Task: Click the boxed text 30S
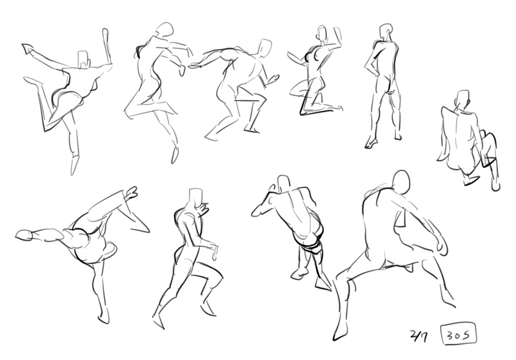[459, 335]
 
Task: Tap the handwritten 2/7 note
[419, 336]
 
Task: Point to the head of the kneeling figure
[322, 33]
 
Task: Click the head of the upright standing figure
[386, 32]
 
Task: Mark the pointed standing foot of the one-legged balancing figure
[75, 165]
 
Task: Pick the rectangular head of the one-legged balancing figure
[83, 59]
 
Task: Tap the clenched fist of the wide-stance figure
[441, 245]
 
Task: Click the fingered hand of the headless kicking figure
[132, 192]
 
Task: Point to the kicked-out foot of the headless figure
[25, 235]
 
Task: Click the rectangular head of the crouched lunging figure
[264, 48]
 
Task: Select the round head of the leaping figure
[164, 30]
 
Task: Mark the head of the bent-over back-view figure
[284, 184]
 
